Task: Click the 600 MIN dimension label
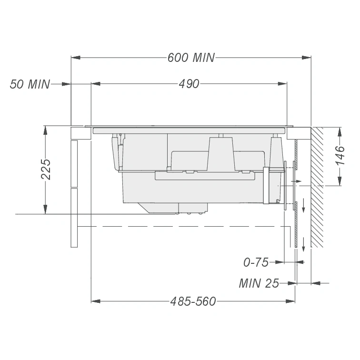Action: click(x=191, y=58)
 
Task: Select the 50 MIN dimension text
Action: click(x=30, y=84)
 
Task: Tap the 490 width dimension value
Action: click(x=189, y=84)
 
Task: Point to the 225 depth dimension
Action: click(x=45, y=169)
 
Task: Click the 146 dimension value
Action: click(x=340, y=155)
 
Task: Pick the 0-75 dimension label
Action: click(x=256, y=262)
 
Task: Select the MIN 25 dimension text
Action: click(x=259, y=283)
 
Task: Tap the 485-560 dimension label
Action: click(x=193, y=301)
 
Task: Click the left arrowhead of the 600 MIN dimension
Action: click(x=76, y=58)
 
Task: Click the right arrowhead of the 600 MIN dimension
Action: click(x=307, y=58)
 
